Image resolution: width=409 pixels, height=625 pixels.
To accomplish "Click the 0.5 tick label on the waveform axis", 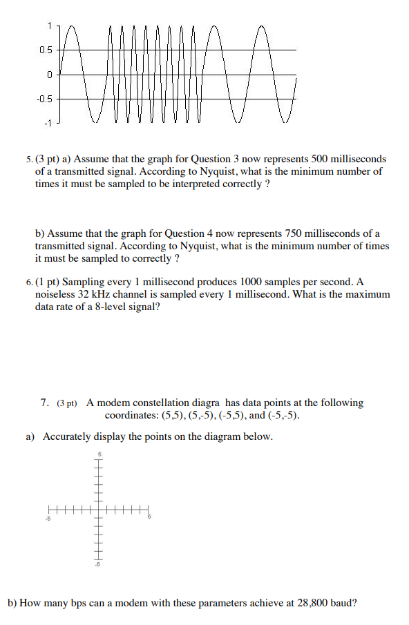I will (x=45, y=50).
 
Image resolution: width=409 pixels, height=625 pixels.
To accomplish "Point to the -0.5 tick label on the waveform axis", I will (x=44, y=99).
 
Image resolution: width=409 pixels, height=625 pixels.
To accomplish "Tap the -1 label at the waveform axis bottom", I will (x=47, y=123).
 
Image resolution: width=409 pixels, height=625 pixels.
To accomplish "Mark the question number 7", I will (x=44, y=402).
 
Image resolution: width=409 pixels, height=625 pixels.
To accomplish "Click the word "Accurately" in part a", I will (x=67, y=436).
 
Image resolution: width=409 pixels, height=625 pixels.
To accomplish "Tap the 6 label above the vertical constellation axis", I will (x=99, y=454).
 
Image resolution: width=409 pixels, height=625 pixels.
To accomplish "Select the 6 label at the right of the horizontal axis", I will (x=148, y=518).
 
